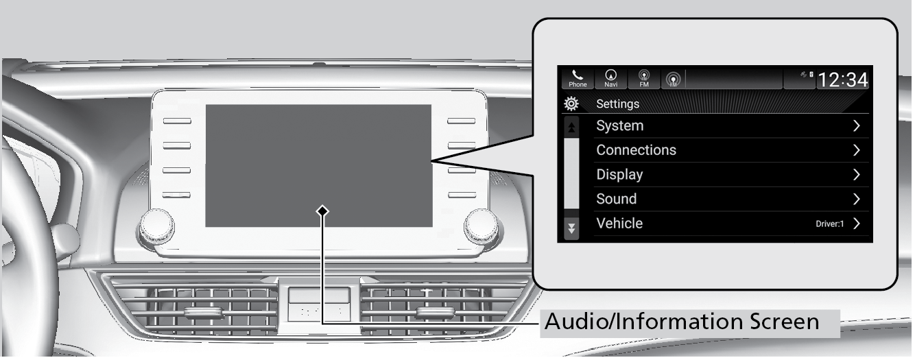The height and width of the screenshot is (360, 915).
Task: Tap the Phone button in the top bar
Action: pyautogui.click(x=578, y=79)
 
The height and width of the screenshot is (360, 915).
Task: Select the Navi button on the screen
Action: pyautogui.click(x=610, y=79)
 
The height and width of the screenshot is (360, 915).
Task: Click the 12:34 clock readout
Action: pyautogui.click(x=843, y=80)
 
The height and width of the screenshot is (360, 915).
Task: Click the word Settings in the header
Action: pyautogui.click(x=617, y=104)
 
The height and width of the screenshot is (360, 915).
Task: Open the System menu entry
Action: pyautogui.click(x=619, y=126)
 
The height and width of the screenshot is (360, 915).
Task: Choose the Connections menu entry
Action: pyautogui.click(x=636, y=150)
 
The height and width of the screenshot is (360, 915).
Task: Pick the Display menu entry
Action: pyautogui.click(x=619, y=174)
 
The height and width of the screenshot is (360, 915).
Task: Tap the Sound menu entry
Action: pyautogui.click(x=616, y=199)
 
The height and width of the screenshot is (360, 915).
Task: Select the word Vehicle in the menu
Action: pyautogui.click(x=619, y=223)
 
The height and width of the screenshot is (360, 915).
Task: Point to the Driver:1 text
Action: pyautogui.click(x=830, y=224)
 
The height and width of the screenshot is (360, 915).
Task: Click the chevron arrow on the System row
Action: pyautogui.click(x=856, y=126)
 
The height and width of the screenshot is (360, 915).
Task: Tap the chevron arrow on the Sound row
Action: pyautogui.click(x=856, y=199)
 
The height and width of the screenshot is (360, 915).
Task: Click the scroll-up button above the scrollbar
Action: pyautogui.click(x=571, y=127)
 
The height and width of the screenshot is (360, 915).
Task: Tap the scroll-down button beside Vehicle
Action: pyautogui.click(x=571, y=227)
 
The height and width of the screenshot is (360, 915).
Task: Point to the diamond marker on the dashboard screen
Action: pyautogui.click(x=322, y=211)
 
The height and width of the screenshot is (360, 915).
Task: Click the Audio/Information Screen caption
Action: pyautogui.click(x=681, y=321)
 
